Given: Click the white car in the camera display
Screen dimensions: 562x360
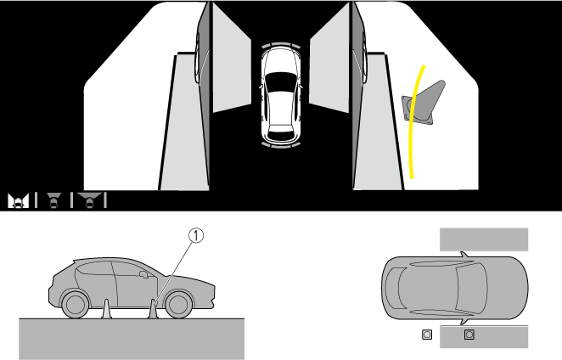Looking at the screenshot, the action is tap(281, 95).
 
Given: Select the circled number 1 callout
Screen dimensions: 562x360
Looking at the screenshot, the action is tap(196, 235).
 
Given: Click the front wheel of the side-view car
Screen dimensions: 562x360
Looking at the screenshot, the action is tap(178, 305).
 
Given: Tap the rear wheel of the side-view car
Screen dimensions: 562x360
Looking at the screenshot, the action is tap(75, 305).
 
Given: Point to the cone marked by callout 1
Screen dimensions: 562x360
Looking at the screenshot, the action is tap(154, 309).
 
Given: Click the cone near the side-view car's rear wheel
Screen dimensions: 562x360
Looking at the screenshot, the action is tap(106, 309).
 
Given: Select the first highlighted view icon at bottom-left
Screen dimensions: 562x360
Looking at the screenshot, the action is tap(19, 200).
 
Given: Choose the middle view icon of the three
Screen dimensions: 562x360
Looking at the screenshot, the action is tap(53, 200).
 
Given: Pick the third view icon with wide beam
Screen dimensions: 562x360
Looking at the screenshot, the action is tap(89, 200).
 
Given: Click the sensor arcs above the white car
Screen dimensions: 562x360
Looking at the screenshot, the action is tap(281, 45).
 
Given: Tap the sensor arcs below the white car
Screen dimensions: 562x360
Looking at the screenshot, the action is tap(281, 145).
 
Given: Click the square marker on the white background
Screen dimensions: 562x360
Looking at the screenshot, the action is tap(427, 335).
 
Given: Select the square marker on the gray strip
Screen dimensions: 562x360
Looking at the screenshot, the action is tap(469, 335).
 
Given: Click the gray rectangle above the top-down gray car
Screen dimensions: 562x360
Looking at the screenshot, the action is tap(484, 239).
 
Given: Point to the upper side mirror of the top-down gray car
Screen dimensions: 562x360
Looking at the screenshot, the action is tap(464, 254).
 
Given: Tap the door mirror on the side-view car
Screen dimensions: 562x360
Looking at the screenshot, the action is tap(143, 274).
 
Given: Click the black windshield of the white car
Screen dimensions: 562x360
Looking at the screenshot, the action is tap(281, 79).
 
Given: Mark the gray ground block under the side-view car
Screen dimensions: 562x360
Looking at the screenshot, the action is tap(132, 339).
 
